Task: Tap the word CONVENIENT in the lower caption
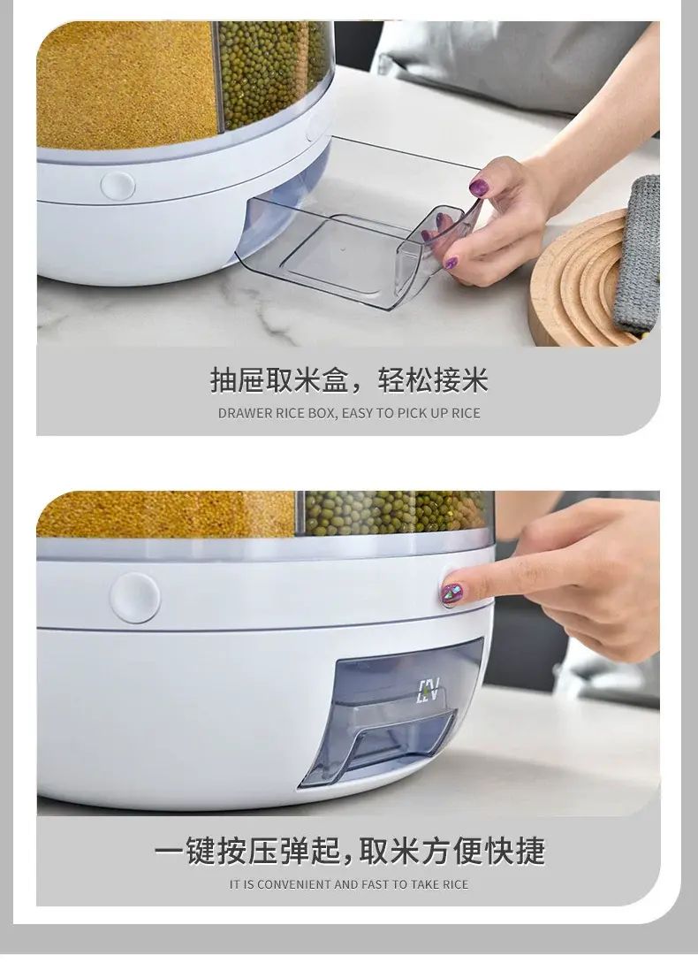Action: [x=294, y=884]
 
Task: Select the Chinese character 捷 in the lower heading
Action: [x=530, y=851]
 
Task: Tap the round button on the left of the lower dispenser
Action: [x=135, y=598]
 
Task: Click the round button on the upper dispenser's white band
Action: [x=118, y=185]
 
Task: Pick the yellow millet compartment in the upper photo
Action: [x=127, y=84]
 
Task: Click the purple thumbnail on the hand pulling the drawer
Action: [x=478, y=186]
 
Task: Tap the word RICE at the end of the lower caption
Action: [x=454, y=884]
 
